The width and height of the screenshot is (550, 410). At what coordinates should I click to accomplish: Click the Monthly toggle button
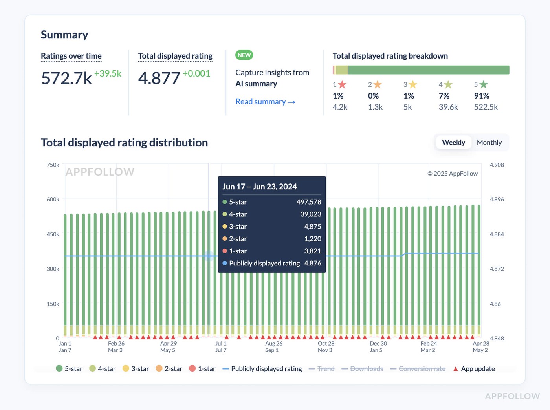click(489, 143)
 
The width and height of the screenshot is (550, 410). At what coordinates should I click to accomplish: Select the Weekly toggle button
click(453, 143)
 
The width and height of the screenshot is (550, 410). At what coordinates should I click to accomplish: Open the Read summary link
click(265, 102)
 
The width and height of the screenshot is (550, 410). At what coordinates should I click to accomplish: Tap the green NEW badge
click(244, 55)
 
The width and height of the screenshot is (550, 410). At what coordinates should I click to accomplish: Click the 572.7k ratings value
click(66, 78)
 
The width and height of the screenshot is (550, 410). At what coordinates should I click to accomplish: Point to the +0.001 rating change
click(196, 73)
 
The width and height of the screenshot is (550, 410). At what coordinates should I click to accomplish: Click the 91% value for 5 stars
click(482, 96)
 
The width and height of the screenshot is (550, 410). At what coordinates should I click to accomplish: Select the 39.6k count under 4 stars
click(448, 107)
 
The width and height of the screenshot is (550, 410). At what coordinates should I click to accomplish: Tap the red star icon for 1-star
click(342, 84)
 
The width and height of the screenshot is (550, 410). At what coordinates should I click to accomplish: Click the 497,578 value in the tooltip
click(309, 202)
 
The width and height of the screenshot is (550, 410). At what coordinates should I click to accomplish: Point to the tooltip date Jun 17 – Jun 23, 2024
click(260, 187)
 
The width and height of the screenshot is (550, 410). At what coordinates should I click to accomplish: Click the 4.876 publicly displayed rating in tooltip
click(313, 263)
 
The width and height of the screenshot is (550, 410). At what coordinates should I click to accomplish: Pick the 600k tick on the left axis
click(53, 200)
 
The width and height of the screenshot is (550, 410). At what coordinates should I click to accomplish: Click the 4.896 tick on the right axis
click(497, 200)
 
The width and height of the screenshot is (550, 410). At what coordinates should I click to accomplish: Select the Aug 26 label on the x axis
click(274, 343)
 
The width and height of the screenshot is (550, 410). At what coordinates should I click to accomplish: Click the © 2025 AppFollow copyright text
click(453, 174)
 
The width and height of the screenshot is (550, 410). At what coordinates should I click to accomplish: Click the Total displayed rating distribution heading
click(124, 143)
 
